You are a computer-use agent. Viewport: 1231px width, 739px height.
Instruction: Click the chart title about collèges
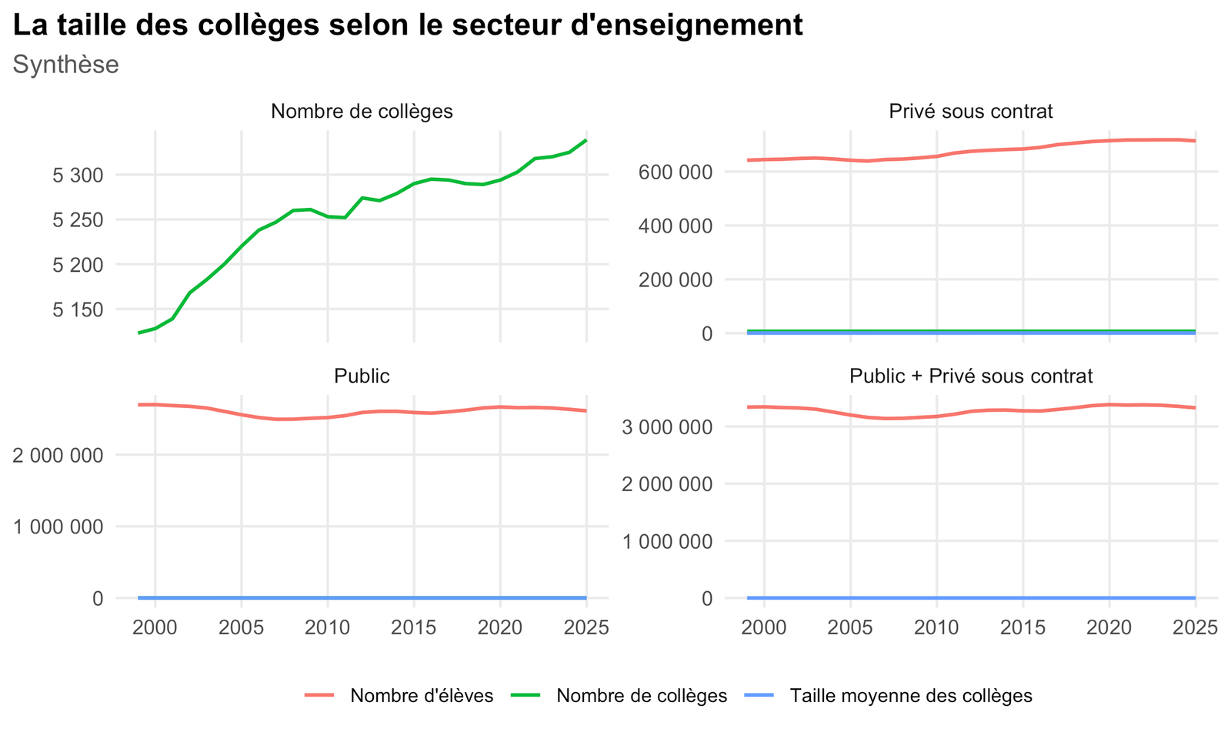(408, 25)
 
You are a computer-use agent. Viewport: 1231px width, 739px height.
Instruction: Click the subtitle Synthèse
(66, 65)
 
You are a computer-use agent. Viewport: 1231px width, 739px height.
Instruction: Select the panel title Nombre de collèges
(362, 112)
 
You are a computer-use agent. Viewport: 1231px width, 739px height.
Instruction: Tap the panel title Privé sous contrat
(970, 112)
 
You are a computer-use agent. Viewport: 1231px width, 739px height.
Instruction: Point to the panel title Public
(362, 376)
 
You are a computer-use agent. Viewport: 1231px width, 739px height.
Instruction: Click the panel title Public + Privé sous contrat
(970, 376)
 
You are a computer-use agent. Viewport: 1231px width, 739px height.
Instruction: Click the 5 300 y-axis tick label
(78, 176)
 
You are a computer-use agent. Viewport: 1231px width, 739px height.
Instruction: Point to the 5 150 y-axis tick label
(78, 310)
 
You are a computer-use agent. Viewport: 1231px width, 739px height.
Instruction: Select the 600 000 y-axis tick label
(676, 172)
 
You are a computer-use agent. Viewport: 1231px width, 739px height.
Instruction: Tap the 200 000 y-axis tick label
(676, 280)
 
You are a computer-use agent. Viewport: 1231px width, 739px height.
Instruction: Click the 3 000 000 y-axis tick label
(666, 427)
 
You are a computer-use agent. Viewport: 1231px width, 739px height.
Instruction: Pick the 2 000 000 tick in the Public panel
(58, 456)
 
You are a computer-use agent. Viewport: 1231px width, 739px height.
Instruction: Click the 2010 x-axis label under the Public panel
(328, 627)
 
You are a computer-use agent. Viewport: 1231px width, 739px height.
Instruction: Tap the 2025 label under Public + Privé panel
(1196, 627)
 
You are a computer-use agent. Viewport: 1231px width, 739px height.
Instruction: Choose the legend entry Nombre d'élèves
(422, 696)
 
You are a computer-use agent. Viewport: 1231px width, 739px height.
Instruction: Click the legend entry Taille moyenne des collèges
(911, 696)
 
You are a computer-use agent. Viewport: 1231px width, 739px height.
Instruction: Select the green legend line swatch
(525, 696)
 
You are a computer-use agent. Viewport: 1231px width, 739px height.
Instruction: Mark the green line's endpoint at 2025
(586, 140)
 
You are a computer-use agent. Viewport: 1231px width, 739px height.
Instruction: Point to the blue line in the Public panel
(362, 597)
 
